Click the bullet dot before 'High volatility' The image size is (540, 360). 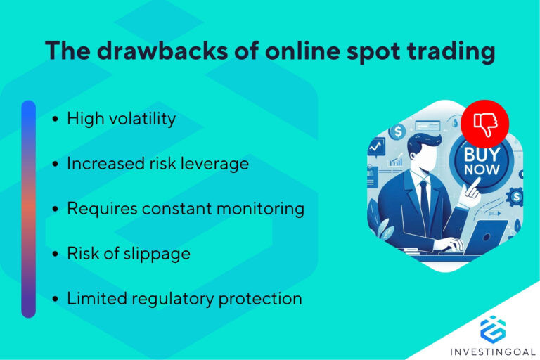pos(56,119)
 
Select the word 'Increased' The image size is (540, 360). pos(101,163)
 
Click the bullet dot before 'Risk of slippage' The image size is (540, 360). pos(56,255)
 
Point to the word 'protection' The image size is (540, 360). pos(260,299)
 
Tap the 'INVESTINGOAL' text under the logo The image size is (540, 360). pos(493,351)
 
